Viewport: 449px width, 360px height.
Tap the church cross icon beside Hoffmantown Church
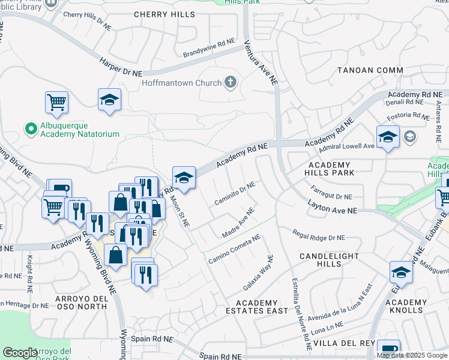(x=230, y=82)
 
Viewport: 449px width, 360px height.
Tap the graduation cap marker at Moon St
(x=184, y=178)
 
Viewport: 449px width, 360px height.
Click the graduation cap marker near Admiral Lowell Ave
(x=388, y=137)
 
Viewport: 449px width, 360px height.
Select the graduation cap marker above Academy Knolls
(x=401, y=273)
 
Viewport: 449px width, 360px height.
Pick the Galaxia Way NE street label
(x=258, y=272)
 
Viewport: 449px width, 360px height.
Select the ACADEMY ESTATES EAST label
(x=257, y=307)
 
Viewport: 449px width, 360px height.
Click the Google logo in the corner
(x=20, y=353)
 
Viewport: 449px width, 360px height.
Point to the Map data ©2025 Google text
(x=412, y=355)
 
